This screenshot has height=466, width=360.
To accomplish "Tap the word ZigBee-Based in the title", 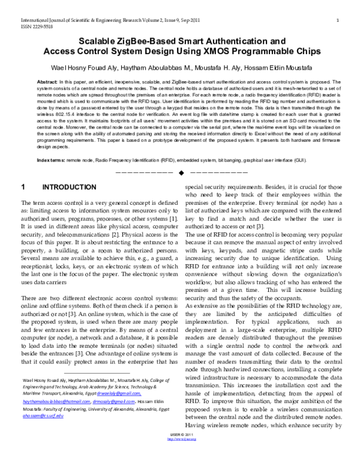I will (x=137, y=41).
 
